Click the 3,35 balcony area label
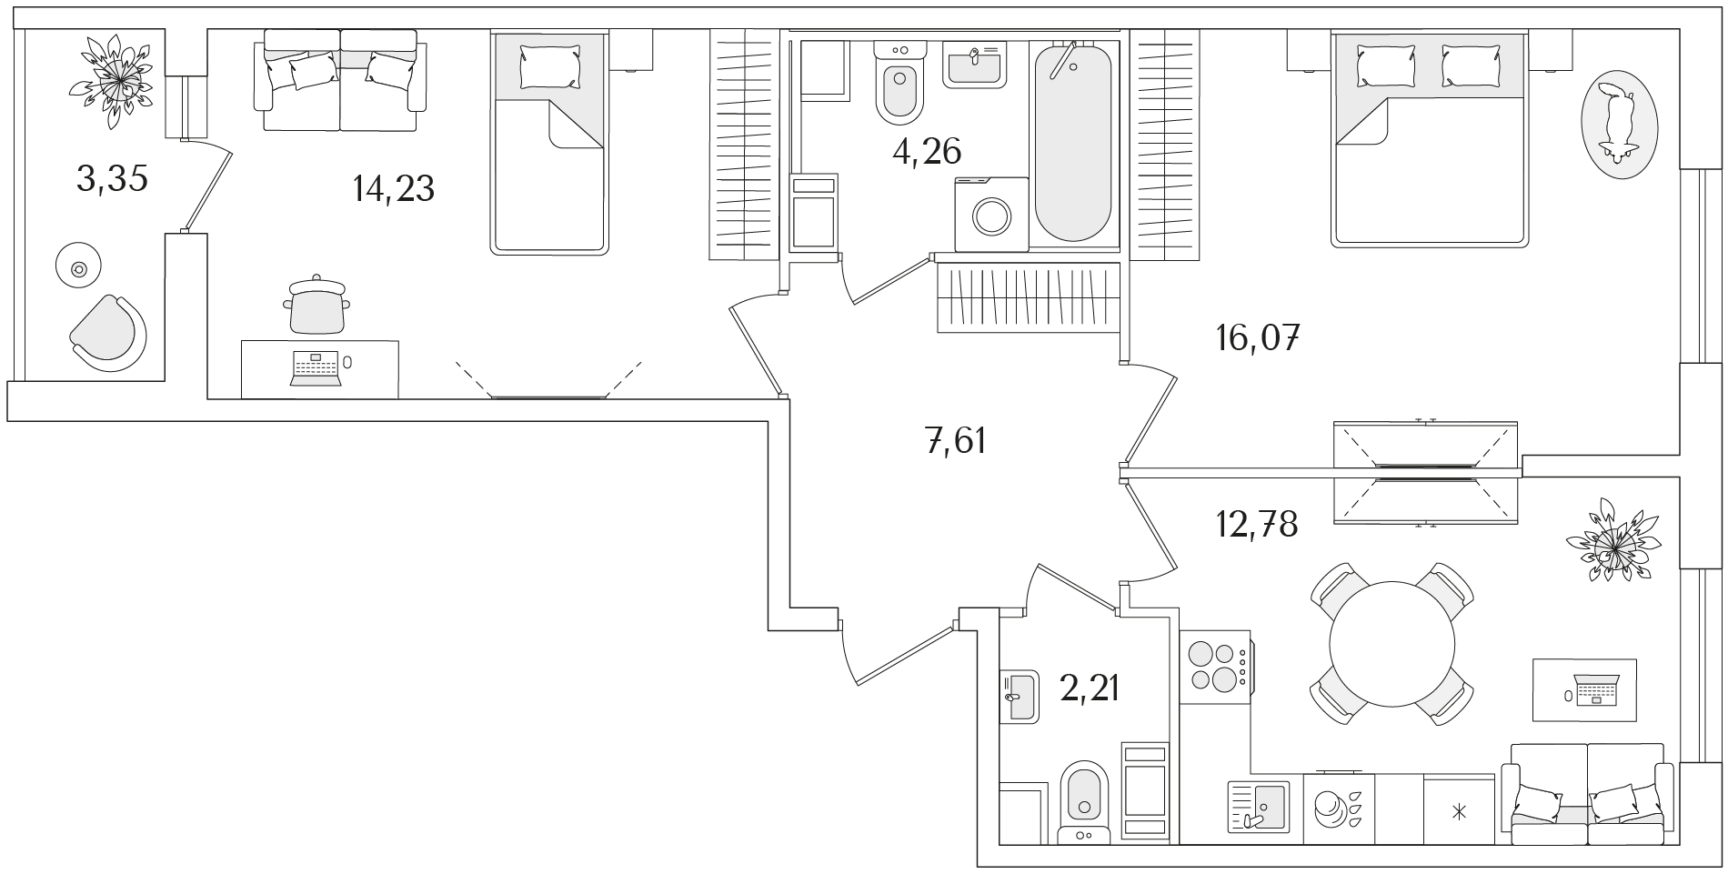[x=112, y=180]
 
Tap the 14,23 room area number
[x=393, y=189]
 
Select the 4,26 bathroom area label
[x=927, y=152]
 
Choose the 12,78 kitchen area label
[x=1257, y=524]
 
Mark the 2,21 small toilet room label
[x=1089, y=688]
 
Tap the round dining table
[x=1392, y=643]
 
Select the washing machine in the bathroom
[x=991, y=214]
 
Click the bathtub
[x=1073, y=141]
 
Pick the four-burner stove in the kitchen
[x=1215, y=668]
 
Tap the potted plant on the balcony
[x=112, y=80]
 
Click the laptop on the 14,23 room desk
[x=315, y=367]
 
